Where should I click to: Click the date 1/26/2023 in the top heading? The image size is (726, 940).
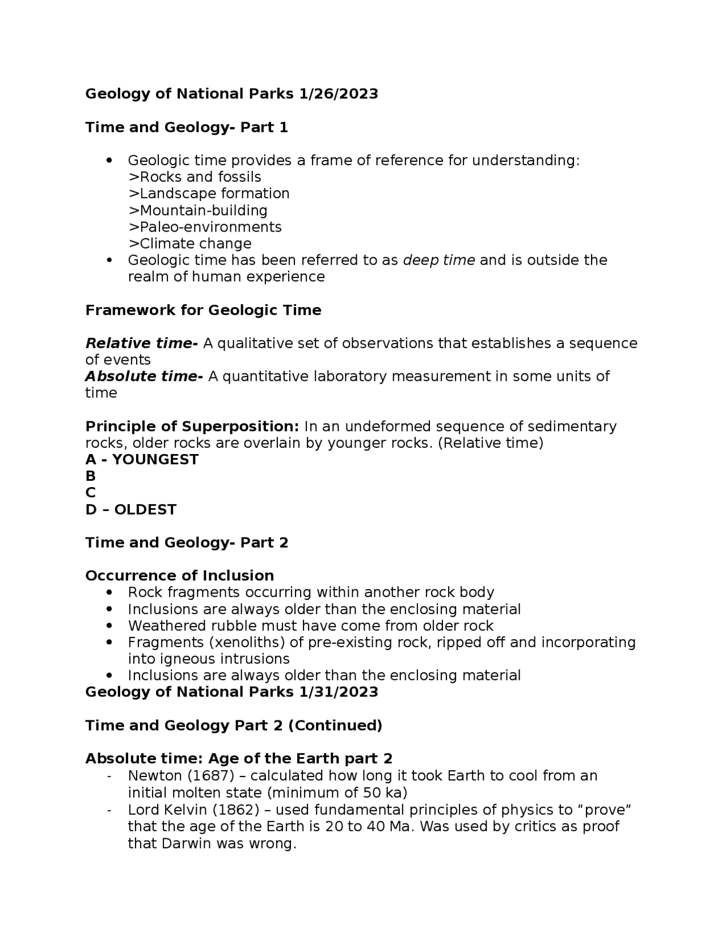pos(338,94)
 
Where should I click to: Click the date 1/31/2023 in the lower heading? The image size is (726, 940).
pos(338,692)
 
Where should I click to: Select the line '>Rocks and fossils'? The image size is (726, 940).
pos(195,177)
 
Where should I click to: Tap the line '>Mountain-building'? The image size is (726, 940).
pos(198,211)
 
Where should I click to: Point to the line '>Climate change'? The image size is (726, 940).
pos(190,244)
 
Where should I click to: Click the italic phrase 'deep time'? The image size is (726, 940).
pos(438,261)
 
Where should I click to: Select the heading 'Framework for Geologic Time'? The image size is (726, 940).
pos(203,310)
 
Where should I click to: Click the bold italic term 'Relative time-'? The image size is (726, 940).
pos(141,343)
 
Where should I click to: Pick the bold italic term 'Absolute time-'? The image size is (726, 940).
pos(143,376)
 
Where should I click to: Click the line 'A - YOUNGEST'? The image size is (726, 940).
pos(142,460)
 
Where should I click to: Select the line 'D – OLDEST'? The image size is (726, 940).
pos(130,510)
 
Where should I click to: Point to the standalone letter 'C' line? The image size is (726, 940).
pos(90,493)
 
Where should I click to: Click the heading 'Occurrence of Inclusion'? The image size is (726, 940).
pos(179,576)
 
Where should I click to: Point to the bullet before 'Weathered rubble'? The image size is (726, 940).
pos(110,626)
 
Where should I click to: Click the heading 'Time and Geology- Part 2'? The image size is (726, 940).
pos(187,543)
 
